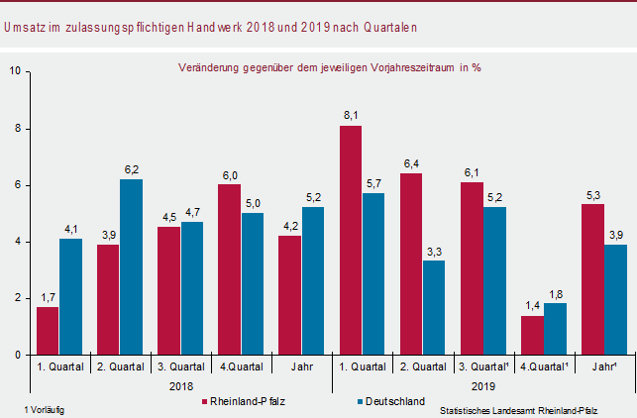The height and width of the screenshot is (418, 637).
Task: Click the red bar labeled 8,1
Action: (351, 240)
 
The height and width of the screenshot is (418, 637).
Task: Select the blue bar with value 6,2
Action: (133, 266)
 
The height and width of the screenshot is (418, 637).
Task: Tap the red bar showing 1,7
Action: (48, 330)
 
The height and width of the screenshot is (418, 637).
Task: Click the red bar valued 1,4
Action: (532, 335)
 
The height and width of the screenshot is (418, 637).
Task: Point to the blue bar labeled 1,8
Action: (556, 329)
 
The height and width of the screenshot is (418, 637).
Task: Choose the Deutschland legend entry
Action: (395, 401)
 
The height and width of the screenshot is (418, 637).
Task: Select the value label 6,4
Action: (412, 163)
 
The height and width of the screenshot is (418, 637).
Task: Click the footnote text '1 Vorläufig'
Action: (44, 409)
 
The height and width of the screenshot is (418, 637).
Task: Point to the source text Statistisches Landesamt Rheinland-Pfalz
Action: (525, 409)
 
